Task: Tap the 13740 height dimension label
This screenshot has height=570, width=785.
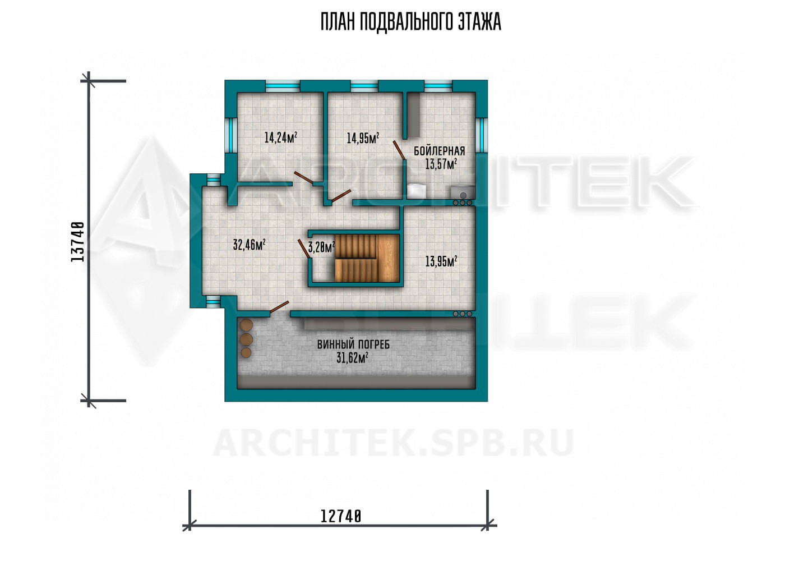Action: (78, 242)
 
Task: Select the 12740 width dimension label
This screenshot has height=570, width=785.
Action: (341, 516)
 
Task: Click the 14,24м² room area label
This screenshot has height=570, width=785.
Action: (281, 137)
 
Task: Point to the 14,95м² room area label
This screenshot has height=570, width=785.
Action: (363, 138)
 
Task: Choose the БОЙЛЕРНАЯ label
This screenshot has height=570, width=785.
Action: (439, 151)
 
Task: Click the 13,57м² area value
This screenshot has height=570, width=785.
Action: (441, 164)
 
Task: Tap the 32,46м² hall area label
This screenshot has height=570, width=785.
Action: (249, 245)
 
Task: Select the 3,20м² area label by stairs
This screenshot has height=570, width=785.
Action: (321, 247)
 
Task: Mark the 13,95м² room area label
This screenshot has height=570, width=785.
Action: (441, 261)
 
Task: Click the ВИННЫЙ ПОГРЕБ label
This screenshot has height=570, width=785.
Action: (353, 344)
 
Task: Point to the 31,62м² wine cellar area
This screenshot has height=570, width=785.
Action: (352, 358)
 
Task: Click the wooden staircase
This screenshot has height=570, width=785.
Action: (367, 258)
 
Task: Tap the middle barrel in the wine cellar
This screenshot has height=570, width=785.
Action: (246, 339)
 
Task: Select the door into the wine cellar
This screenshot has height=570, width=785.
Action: (279, 307)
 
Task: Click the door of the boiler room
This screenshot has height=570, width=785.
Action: (399, 151)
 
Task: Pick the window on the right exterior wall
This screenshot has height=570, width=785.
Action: (482, 135)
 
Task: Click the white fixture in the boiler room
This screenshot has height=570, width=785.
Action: (417, 191)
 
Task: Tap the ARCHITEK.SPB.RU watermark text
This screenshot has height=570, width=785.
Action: (392, 443)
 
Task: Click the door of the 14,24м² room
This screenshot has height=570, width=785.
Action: (304, 177)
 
